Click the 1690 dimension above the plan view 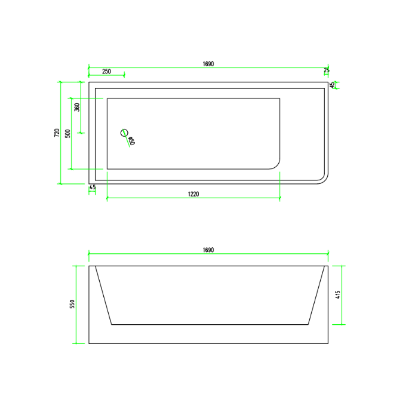pos(208,64)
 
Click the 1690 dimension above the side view pos(208,250)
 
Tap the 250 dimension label pos(106,72)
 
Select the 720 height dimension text pos(57,133)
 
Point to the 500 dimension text pos(68,134)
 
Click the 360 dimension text pos(77,107)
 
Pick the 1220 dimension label pos(193,194)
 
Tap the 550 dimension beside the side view pos(72,304)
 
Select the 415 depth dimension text pos(338,294)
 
